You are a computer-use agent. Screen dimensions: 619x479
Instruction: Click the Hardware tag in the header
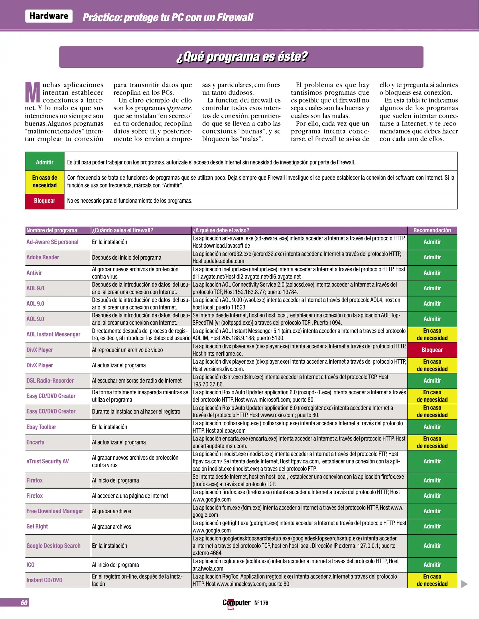pyautogui.click(x=49, y=16)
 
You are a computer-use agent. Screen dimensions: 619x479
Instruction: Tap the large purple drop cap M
pyautogui.click(x=33, y=92)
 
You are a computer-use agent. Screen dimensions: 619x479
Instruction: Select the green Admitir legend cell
pyautogui.click(x=45, y=162)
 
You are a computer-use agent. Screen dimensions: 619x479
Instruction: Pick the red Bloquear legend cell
pyautogui.click(x=45, y=201)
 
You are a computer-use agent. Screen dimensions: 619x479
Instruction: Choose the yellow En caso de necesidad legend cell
pyautogui.click(x=45, y=181)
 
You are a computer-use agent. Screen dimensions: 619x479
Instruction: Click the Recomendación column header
pyautogui.click(x=432, y=230)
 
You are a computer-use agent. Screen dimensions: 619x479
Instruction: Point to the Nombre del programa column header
pyautogui.click(x=52, y=230)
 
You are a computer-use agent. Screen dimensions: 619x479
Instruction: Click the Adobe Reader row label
pyautogui.click(x=43, y=257)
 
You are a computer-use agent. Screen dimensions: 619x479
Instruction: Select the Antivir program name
pyautogui.click(x=34, y=273)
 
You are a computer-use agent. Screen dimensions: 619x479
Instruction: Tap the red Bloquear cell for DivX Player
pyautogui.click(x=432, y=350)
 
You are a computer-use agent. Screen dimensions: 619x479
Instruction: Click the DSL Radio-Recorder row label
pyautogui.click(x=50, y=381)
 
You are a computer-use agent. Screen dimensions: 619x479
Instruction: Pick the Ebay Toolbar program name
pyautogui.click(x=41, y=427)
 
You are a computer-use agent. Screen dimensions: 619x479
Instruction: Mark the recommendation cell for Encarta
pyautogui.click(x=432, y=442)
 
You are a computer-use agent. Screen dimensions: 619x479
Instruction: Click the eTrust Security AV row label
pyautogui.click(x=48, y=461)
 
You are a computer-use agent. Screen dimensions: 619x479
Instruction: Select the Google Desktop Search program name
pyautogui.click(x=54, y=546)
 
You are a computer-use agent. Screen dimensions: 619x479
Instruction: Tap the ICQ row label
pyautogui.click(x=30, y=565)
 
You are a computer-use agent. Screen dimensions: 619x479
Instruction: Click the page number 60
pyautogui.click(x=24, y=603)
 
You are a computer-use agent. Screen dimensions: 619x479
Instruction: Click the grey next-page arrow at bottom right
pyautogui.click(x=464, y=584)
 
